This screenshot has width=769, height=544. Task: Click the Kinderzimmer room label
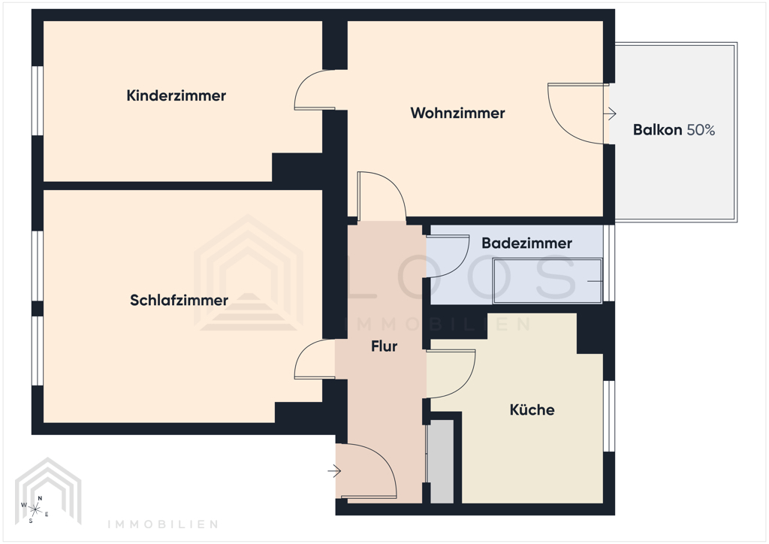coord(176,96)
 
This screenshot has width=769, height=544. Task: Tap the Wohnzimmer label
coord(457,113)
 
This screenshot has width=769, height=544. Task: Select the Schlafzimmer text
coord(179,301)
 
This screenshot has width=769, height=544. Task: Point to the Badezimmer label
coord(526,243)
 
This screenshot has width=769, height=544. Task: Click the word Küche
coord(532,410)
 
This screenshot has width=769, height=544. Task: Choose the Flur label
coord(384,347)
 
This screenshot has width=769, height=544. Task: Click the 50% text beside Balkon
coord(701,130)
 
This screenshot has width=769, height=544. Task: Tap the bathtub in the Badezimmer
coord(547,281)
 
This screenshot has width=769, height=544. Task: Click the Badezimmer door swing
coord(447,255)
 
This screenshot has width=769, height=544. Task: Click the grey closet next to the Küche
coord(442,461)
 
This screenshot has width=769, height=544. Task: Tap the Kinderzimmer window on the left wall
coord(36,101)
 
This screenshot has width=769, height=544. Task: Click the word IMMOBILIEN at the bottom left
coord(163,524)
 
